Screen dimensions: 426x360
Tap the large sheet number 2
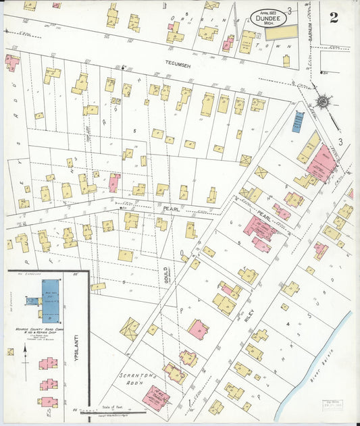[x=334, y=18]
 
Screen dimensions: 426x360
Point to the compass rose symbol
[x=324, y=102]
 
